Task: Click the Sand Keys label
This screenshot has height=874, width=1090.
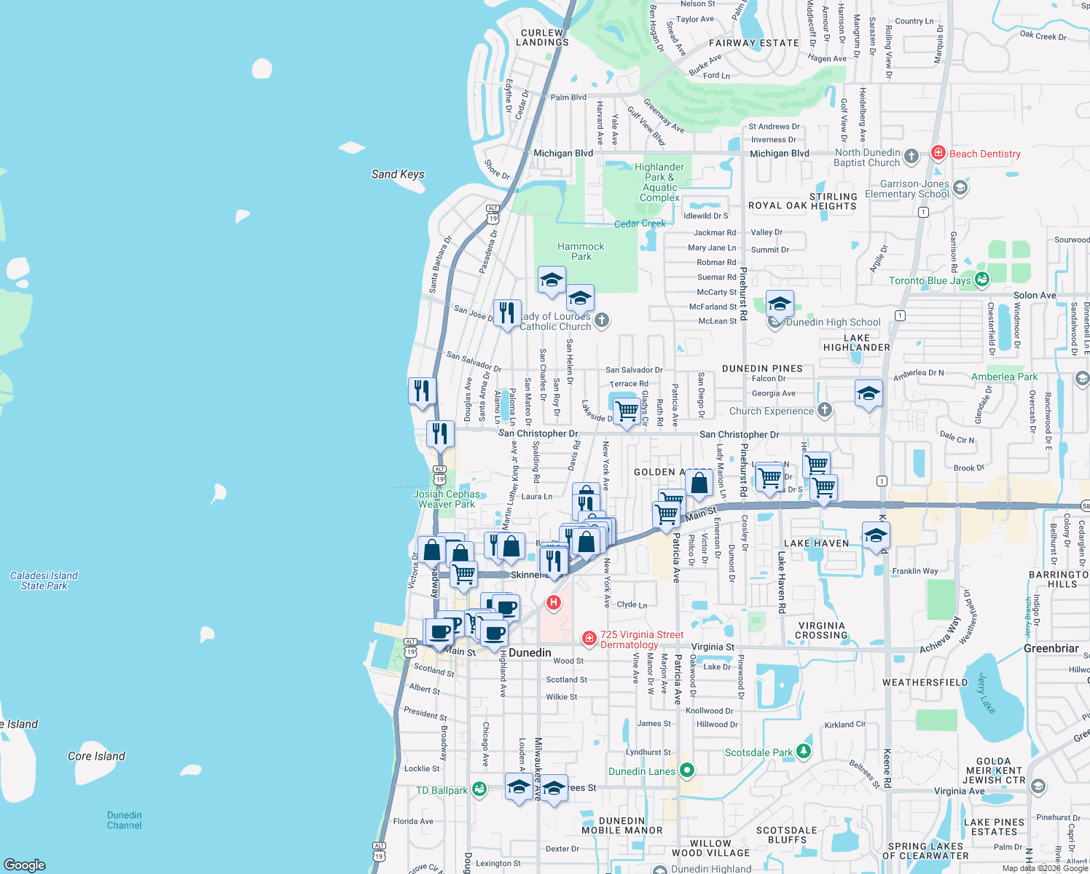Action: [x=398, y=174]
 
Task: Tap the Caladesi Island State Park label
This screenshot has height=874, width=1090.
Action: [x=44, y=580]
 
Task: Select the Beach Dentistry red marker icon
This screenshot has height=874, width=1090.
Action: [x=938, y=153]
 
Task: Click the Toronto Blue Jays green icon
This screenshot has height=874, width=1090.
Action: [x=982, y=280]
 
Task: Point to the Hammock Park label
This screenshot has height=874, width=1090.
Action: [x=581, y=251]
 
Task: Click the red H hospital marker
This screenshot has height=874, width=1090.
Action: [x=554, y=602]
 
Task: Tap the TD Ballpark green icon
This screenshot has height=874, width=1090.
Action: [x=479, y=789]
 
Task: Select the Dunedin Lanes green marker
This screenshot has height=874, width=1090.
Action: [x=686, y=770]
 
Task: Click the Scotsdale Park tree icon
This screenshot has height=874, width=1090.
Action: [x=803, y=751]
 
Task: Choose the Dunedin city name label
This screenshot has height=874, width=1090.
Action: [x=530, y=653]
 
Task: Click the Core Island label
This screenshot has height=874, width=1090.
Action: [x=96, y=756]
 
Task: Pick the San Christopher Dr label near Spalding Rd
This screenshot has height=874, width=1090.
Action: [x=538, y=433]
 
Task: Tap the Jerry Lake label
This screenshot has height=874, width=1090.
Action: [x=986, y=693]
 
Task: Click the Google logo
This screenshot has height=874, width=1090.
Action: [x=25, y=865]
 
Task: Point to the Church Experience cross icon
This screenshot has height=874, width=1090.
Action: [x=824, y=410]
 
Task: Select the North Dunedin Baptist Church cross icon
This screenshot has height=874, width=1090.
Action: [x=911, y=156]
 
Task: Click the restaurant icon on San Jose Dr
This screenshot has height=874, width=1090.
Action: [x=507, y=312]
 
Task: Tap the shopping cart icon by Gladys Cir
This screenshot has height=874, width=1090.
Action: [x=627, y=411]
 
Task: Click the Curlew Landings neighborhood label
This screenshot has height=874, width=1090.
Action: [x=542, y=38]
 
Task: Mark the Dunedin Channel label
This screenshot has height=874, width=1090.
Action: [x=124, y=820]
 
